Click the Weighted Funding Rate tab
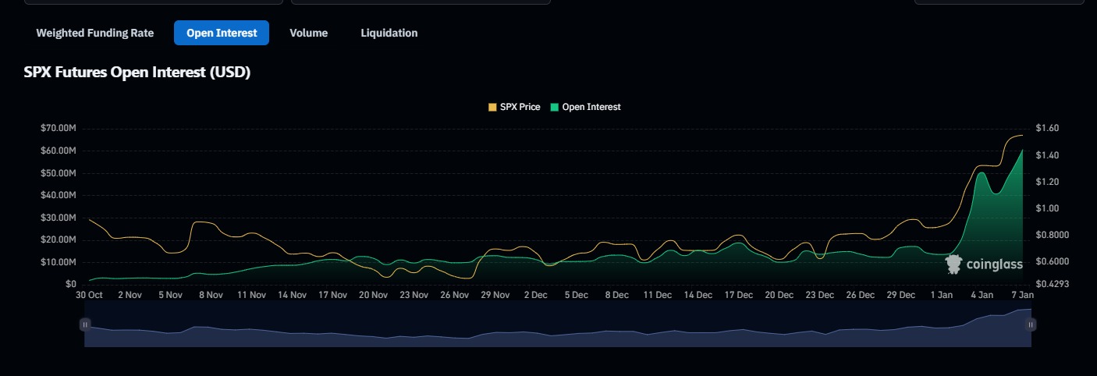coord(94,33)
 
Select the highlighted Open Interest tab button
coord(222,33)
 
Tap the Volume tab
coord(308,33)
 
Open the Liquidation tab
coord(389,33)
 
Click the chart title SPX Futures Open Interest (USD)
coord(137,73)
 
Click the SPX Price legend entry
coord(514,107)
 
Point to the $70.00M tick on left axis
coord(59,128)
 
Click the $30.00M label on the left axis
coord(59,218)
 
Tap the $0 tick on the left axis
coord(70,284)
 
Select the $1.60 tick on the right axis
coord(1048,128)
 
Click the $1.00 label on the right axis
coord(1048,208)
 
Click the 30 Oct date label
coord(89,295)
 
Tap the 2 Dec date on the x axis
coord(535,295)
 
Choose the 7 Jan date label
coord(1022,295)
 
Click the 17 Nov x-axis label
coord(332,295)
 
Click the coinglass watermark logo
coord(984,264)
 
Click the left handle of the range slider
coord(85,325)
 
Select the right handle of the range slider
coord(1031,325)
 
